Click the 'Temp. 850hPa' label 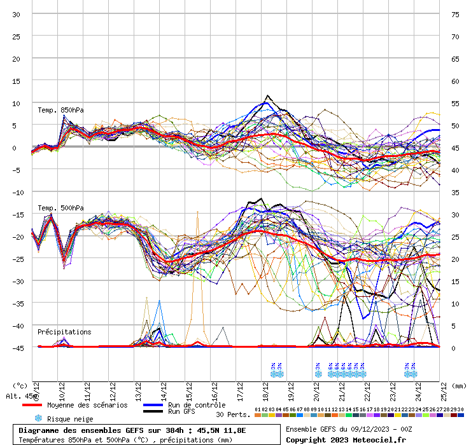(60, 110)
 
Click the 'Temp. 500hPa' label (60, 208)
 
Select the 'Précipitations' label (64, 332)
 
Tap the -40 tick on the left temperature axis (16, 325)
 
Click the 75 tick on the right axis (455, 14)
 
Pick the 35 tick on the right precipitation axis (455, 192)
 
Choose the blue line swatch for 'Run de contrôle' (153, 405)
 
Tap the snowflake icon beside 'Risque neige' (38, 418)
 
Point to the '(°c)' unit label (20, 385)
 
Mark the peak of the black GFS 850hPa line (267, 96)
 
